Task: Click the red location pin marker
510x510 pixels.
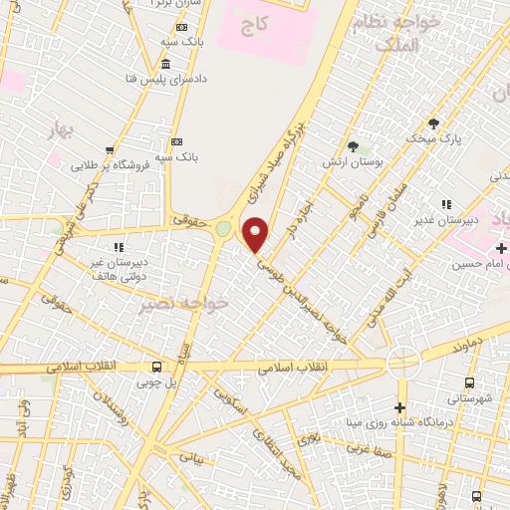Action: (x=257, y=235)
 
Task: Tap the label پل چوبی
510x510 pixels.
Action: (x=154, y=382)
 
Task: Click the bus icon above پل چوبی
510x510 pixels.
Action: (x=154, y=367)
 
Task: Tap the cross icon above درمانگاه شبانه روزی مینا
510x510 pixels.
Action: (x=399, y=407)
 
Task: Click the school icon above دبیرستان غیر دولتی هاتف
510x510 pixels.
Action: (x=118, y=245)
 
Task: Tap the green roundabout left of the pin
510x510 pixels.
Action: (x=222, y=229)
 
